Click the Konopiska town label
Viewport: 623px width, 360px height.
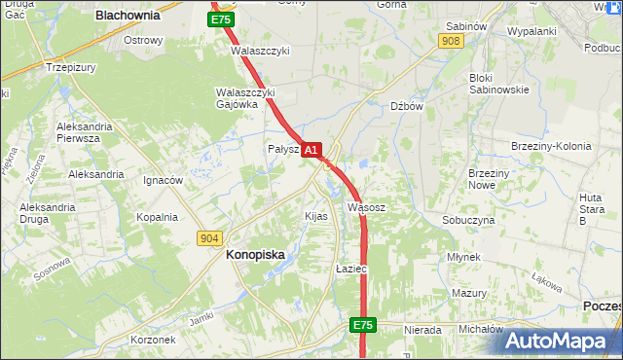coord(255,254)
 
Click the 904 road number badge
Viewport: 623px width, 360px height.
coord(208,238)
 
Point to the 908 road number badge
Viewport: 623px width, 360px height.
coord(450,41)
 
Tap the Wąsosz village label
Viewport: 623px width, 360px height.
coord(367,207)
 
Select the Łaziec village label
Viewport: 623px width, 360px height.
coord(349,268)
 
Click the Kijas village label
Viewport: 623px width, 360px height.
coord(315,215)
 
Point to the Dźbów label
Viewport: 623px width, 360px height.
coord(406,107)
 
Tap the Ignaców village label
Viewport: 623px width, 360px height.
coord(163,180)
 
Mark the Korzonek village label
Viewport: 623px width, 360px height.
coord(153,340)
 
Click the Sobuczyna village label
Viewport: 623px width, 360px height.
coord(468,220)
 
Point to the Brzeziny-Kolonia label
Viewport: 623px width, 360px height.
coord(551,146)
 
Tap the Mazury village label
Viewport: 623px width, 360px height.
coord(468,293)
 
